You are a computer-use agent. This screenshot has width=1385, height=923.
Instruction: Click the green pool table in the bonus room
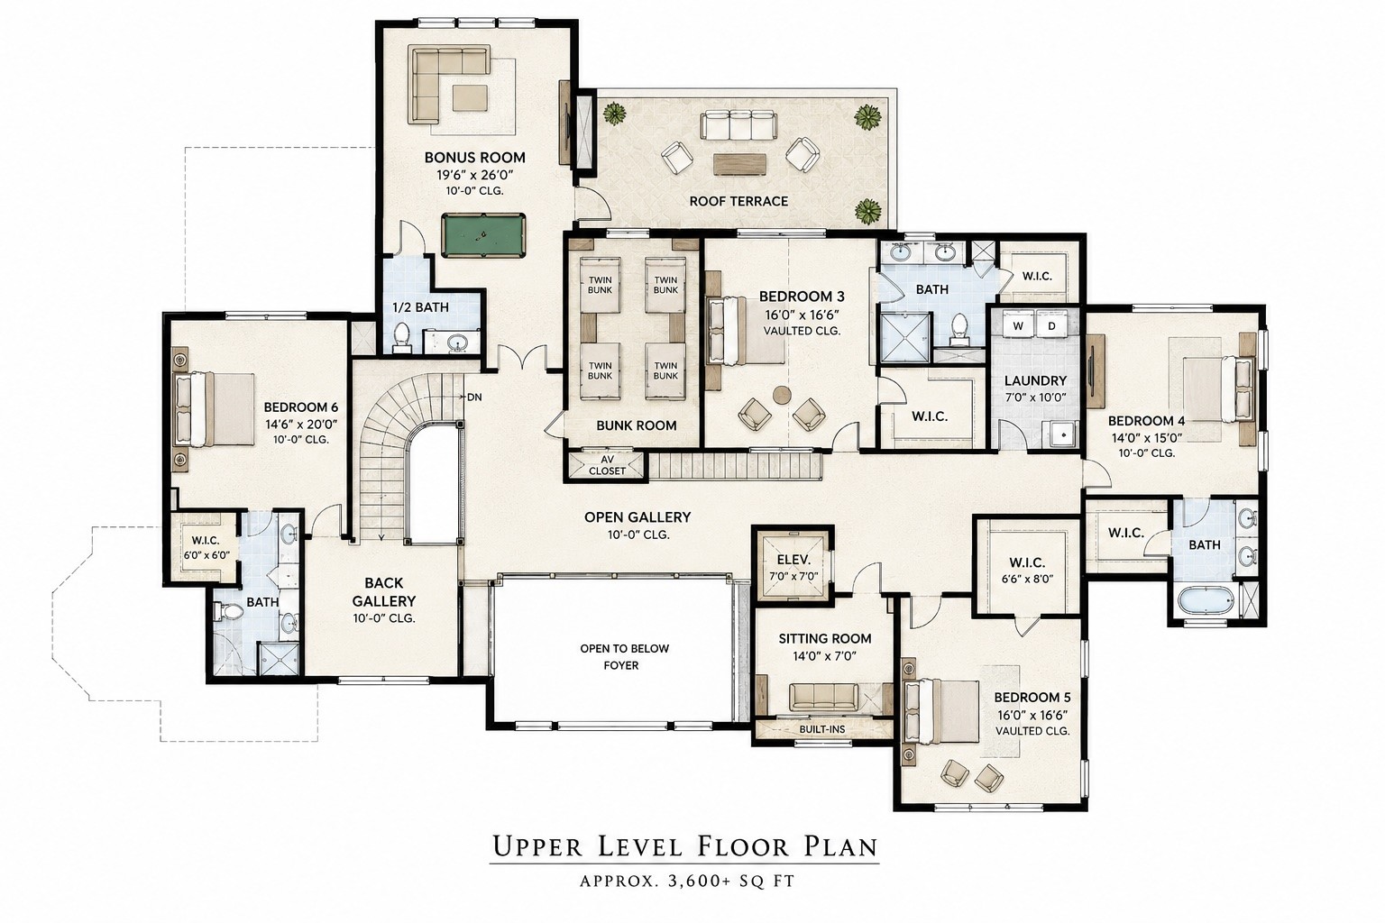click(x=483, y=235)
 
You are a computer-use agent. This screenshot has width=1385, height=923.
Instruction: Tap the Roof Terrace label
click(x=738, y=202)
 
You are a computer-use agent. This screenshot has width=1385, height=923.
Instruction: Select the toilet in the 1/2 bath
click(x=402, y=337)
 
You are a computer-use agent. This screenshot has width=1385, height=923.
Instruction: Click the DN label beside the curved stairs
click(x=474, y=397)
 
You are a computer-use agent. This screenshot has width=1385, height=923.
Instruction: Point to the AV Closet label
click(x=607, y=465)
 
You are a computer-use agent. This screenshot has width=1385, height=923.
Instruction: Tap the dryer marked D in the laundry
click(x=1051, y=325)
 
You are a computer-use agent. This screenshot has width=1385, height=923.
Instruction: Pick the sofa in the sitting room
click(x=824, y=697)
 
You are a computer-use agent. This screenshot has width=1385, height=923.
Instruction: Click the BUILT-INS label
click(x=821, y=729)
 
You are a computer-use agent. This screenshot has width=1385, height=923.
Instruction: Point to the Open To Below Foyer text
click(x=624, y=657)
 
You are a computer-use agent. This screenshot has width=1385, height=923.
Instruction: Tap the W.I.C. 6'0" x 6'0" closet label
click(x=206, y=548)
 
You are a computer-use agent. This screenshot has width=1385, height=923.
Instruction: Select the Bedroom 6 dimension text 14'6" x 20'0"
click(x=301, y=425)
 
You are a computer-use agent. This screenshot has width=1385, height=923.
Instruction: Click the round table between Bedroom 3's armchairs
click(x=782, y=395)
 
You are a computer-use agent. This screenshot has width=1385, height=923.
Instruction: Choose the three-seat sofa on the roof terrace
click(x=738, y=125)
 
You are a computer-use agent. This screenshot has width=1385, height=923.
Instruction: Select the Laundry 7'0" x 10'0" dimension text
click(x=1035, y=398)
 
